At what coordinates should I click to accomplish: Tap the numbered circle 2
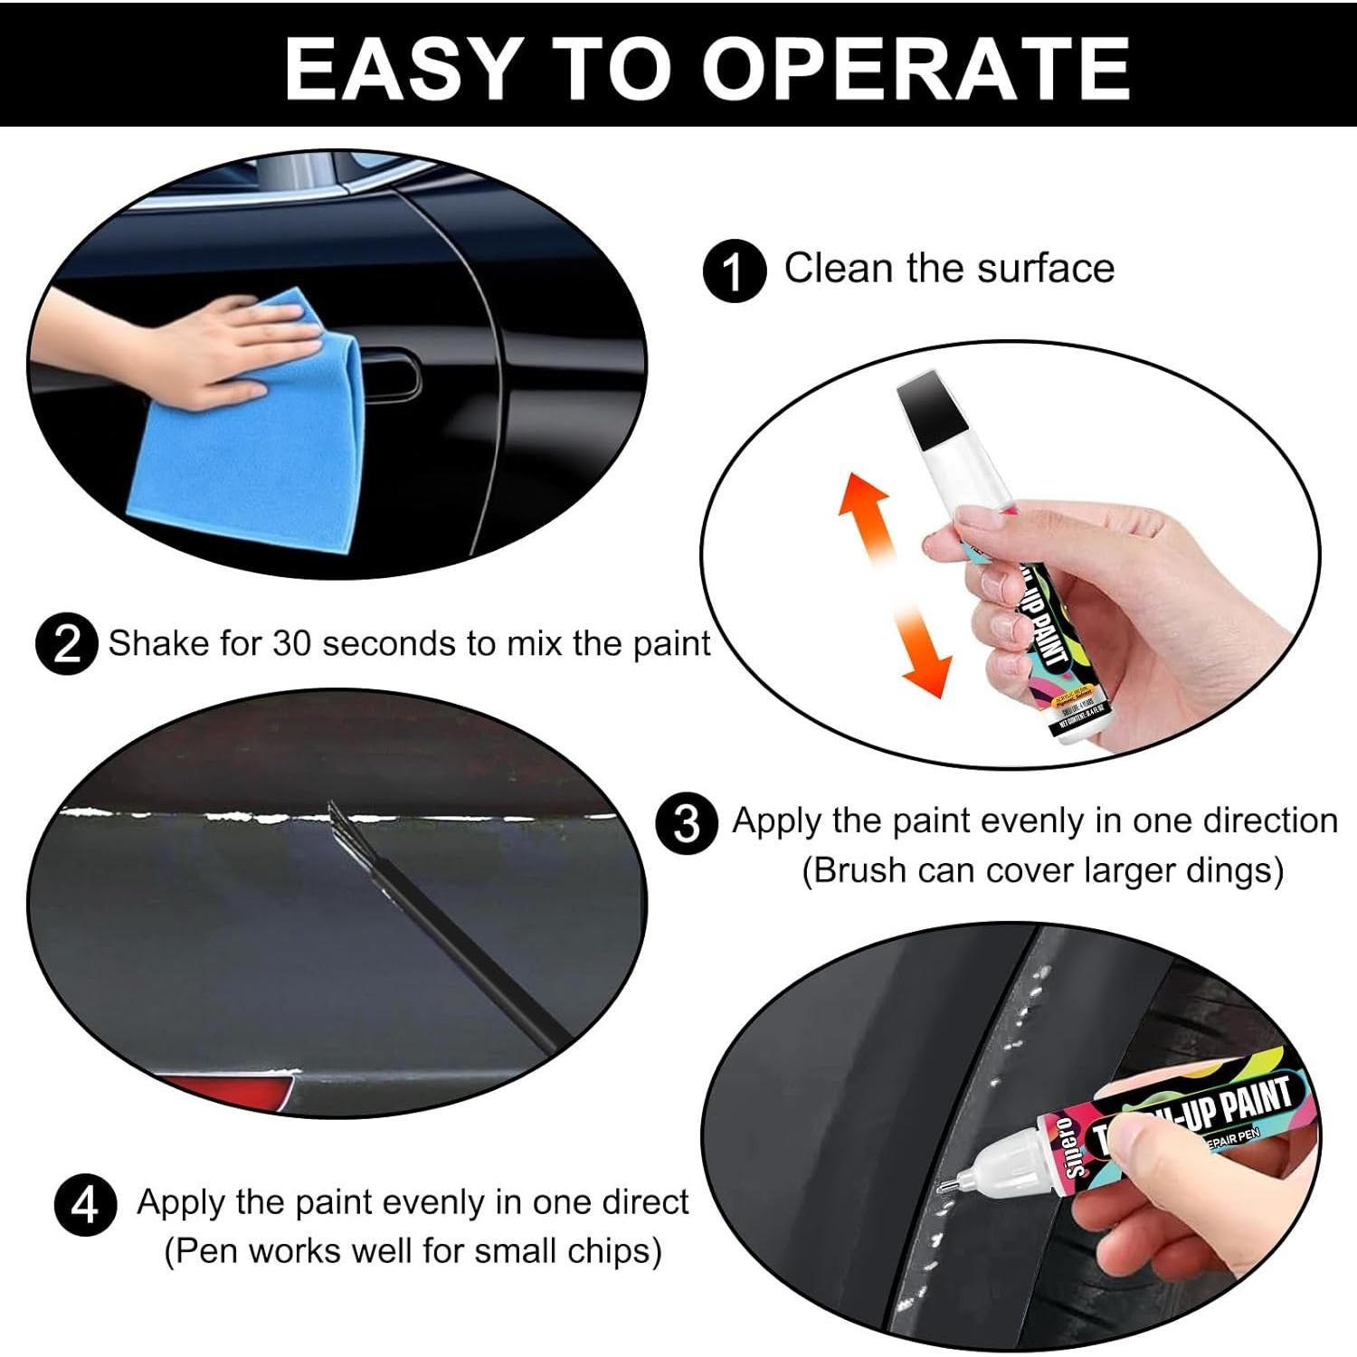tap(66, 645)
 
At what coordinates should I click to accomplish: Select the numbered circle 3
tap(686, 823)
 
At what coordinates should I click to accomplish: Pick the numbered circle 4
tap(85, 1206)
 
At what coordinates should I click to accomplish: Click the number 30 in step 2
tap(292, 644)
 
